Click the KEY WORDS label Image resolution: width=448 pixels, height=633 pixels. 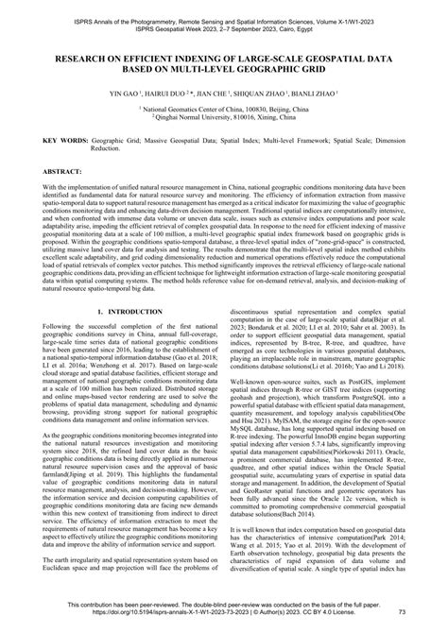point(61,140)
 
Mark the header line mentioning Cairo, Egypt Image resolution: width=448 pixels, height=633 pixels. point(224,17)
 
